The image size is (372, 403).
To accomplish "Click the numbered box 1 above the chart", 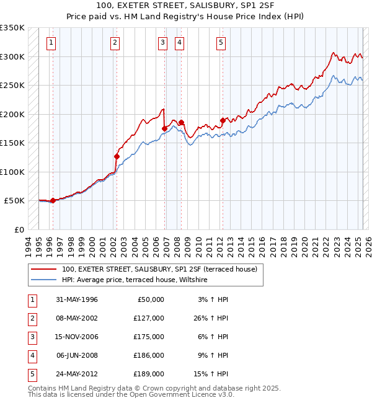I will click(x=50, y=43).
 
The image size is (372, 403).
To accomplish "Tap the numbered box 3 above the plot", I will click(x=162, y=43).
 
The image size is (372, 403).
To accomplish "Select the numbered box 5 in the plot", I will click(x=221, y=43).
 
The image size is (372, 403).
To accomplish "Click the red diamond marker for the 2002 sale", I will click(x=117, y=156).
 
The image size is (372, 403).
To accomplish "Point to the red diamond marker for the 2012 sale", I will click(x=223, y=120).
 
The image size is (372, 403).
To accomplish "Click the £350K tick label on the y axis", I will click(x=12, y=28).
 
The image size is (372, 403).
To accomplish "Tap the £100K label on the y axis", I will click(x=12, y=172).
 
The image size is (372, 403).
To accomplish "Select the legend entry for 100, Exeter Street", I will click(x=163, y=269).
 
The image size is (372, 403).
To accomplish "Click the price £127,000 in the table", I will click(x=149, y=318).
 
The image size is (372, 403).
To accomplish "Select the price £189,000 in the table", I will click(x=149, y=374).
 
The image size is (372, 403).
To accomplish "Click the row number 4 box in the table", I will click(x=31, y=355).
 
